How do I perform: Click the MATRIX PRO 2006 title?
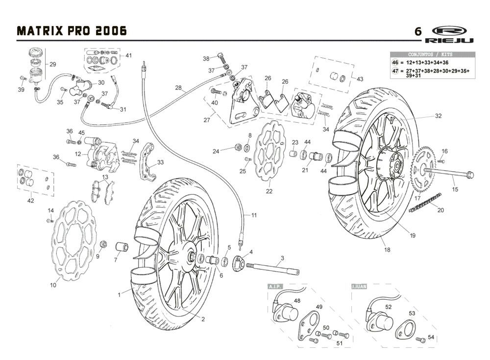[72, 31]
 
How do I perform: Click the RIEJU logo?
[449, 34]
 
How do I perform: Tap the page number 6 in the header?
[417, 31]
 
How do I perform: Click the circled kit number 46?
[395, 63]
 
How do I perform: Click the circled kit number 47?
[395, 72]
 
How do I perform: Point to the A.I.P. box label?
[273, 286]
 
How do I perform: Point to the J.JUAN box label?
[359, 286]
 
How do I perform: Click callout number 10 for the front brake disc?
[53, 285]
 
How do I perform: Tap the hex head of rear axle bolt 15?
[469, 174]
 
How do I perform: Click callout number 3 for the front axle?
[282, 258]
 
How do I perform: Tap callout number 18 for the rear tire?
[387, 250]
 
